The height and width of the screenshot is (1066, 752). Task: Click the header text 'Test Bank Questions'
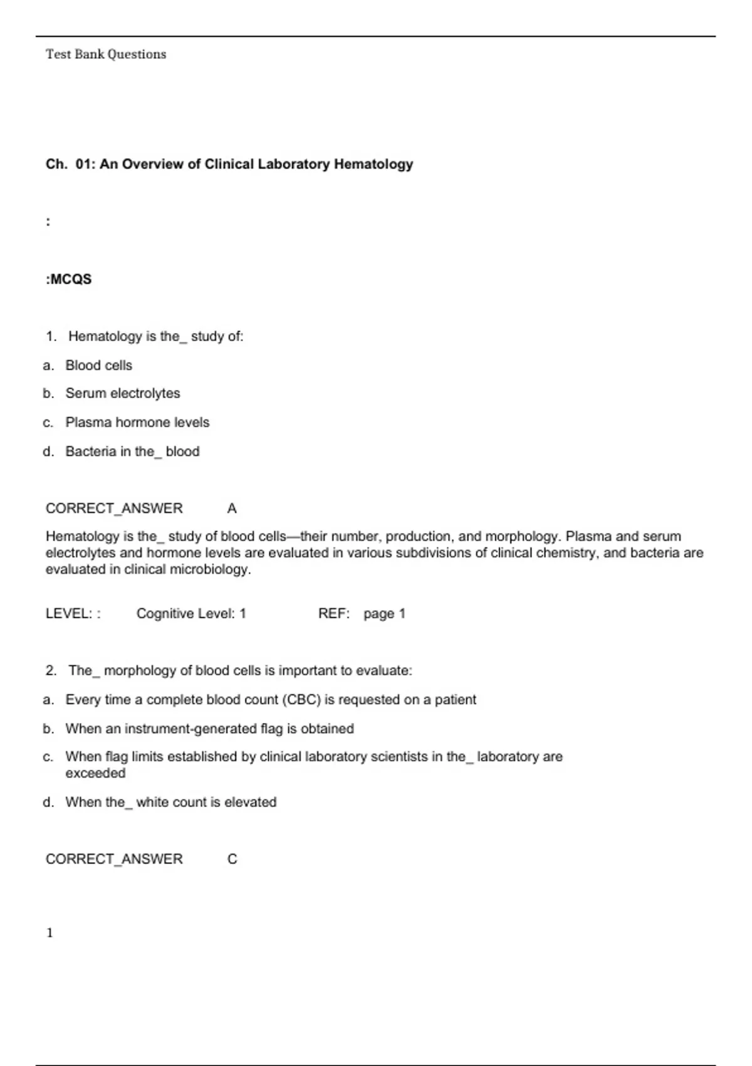pyautogui.click(x=106, y=55)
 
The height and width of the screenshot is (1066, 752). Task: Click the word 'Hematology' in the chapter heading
pyautogui.click(x=373, y=164)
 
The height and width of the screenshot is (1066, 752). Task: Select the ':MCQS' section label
pyautogui.click(x=69, y=280)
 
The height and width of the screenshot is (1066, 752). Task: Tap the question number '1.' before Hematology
pyautogui.click(x=51, y=337)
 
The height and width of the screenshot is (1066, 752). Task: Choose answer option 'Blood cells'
pyautogui.click(x=99, y=366)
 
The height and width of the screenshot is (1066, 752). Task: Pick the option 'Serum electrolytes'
pyautogui.click(x=123, y=394)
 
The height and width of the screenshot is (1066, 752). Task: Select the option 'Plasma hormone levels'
pyautogui.click(x=137, y=423)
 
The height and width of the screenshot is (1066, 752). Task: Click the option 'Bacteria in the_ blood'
pyautogui.click(x=132, y=451)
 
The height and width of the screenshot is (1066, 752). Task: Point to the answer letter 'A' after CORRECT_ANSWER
pyautogui.click(x=232, y=509)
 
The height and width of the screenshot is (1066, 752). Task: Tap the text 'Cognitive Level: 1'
pyautogui.click(x=191, y=614)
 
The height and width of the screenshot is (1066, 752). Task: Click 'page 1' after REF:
pyautogui.click(x=384, y=614)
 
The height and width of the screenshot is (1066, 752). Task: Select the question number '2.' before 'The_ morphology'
pyautogui.click(x=51, y=671)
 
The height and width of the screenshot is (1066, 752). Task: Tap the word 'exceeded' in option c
pyautogui.click(x=95, y=773)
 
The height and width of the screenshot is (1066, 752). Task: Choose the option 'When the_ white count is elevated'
pyautogui.click(x=170, y=802)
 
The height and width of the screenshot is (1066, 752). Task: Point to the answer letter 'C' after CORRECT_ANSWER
pyautogui.click(x=232, y=859)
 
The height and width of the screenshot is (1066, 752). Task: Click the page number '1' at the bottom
pyautogui.click(x=50, y=933)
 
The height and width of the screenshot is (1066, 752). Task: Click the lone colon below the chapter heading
pyautogui.click(x=48, y=222)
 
